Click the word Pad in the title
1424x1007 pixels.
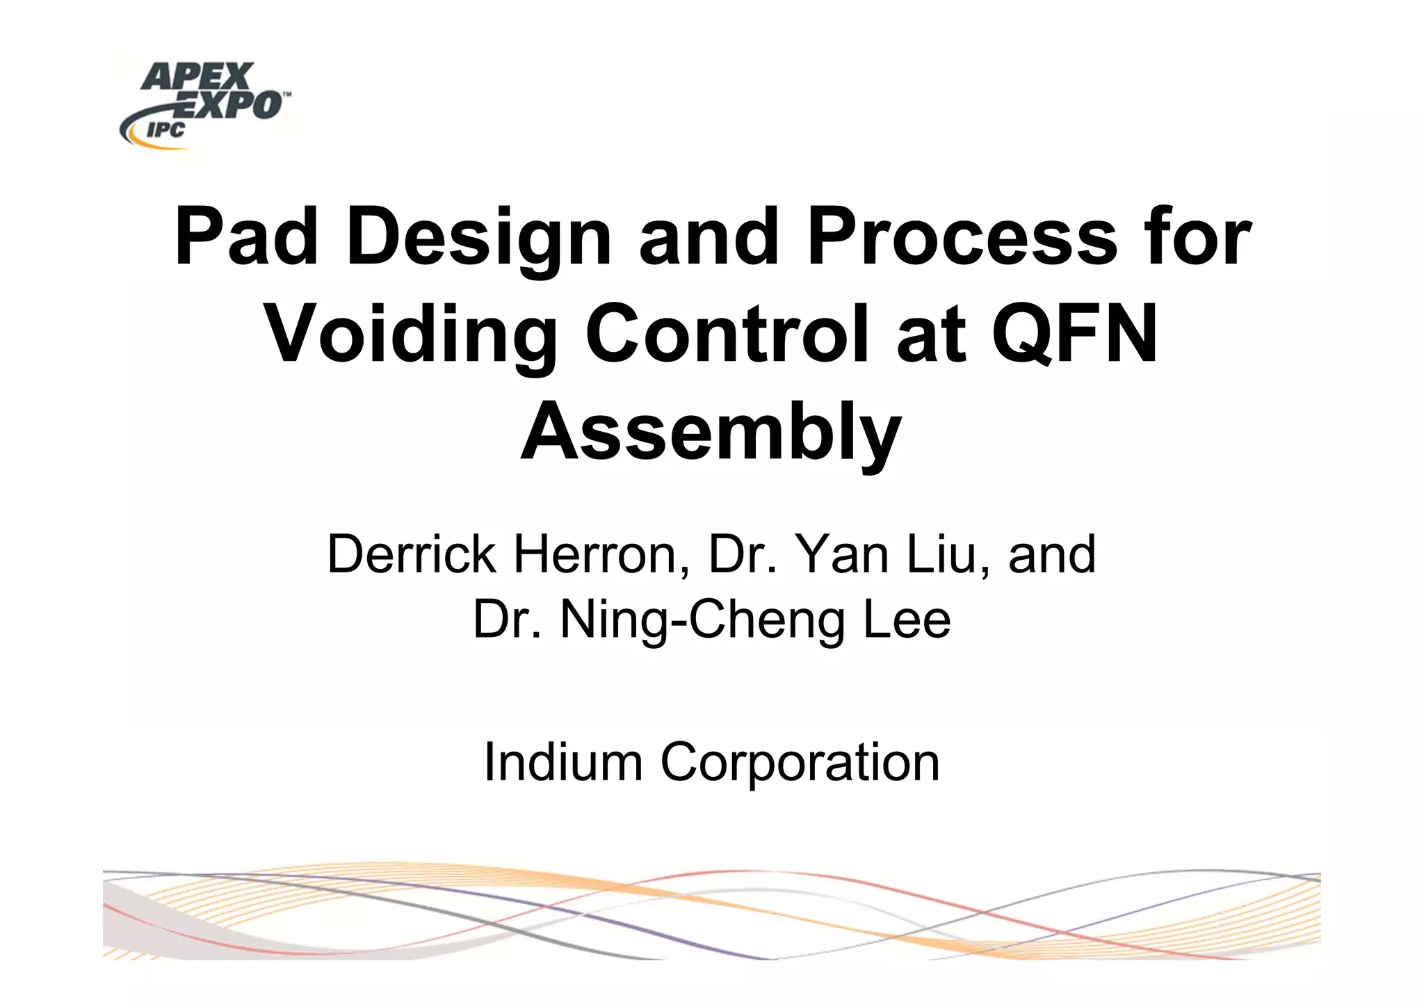pos(246,237)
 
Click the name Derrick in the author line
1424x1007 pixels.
pos(412,555)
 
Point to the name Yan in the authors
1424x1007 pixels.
pos(842,555)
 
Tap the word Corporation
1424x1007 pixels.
pos(800,762)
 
